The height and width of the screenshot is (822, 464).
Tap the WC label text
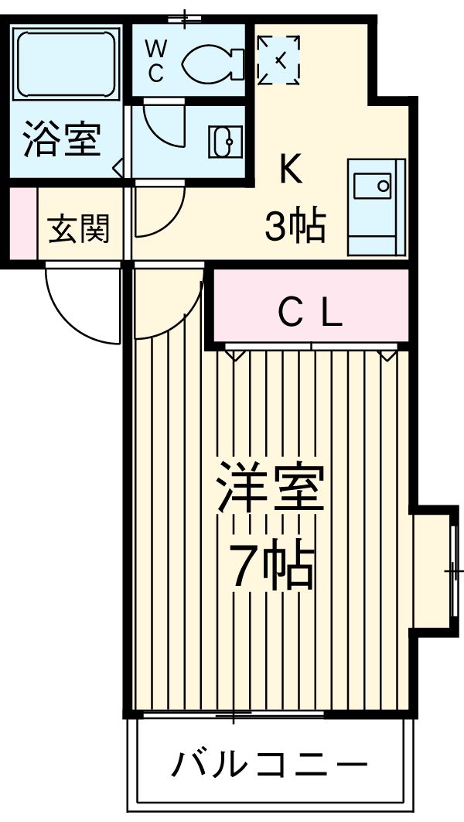155,60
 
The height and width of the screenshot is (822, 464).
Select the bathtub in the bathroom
65,63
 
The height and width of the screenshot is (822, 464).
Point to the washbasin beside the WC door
225,140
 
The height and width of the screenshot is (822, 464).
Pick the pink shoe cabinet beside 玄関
22,224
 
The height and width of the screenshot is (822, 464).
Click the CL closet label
309,313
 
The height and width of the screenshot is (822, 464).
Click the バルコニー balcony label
268,765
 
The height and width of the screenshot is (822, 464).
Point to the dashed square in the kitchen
278,58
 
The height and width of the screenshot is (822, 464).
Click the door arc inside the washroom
164,124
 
